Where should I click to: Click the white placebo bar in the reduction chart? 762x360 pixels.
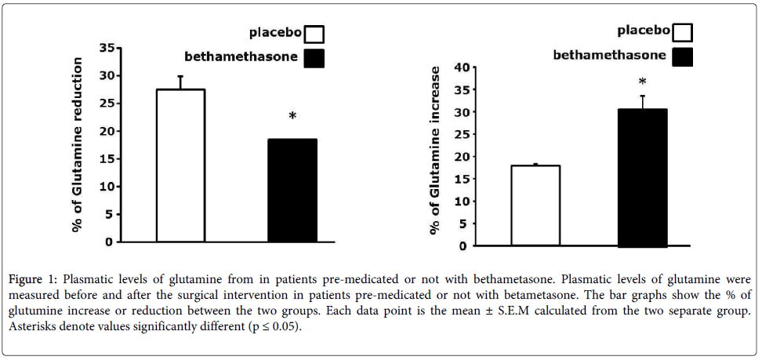click(x=180, y=165)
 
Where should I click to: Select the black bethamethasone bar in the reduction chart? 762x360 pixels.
click(x=292, y=191)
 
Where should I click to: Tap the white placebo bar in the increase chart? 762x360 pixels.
click(x=535, y=205)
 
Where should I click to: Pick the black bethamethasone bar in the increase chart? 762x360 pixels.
click(x=643, y=178)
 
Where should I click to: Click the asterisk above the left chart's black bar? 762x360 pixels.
click(x=292, y=118)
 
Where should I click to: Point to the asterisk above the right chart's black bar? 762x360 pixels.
click(x=643, y=83)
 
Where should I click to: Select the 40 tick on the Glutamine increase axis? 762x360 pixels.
click(x=461, y=67)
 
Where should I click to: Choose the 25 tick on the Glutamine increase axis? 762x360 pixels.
click(x=461, y=134)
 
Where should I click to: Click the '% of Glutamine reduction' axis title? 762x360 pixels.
click(x=77, y=145)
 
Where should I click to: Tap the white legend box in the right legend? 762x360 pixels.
click(x=683, y=31)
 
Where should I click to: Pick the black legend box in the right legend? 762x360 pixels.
click(x=683, y=56)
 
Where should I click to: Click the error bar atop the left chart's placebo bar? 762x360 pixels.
click(x=180, y=82)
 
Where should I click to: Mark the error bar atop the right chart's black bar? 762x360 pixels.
click(x=643, y=102)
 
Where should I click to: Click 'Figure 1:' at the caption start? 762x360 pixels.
click(x=37, y=279)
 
